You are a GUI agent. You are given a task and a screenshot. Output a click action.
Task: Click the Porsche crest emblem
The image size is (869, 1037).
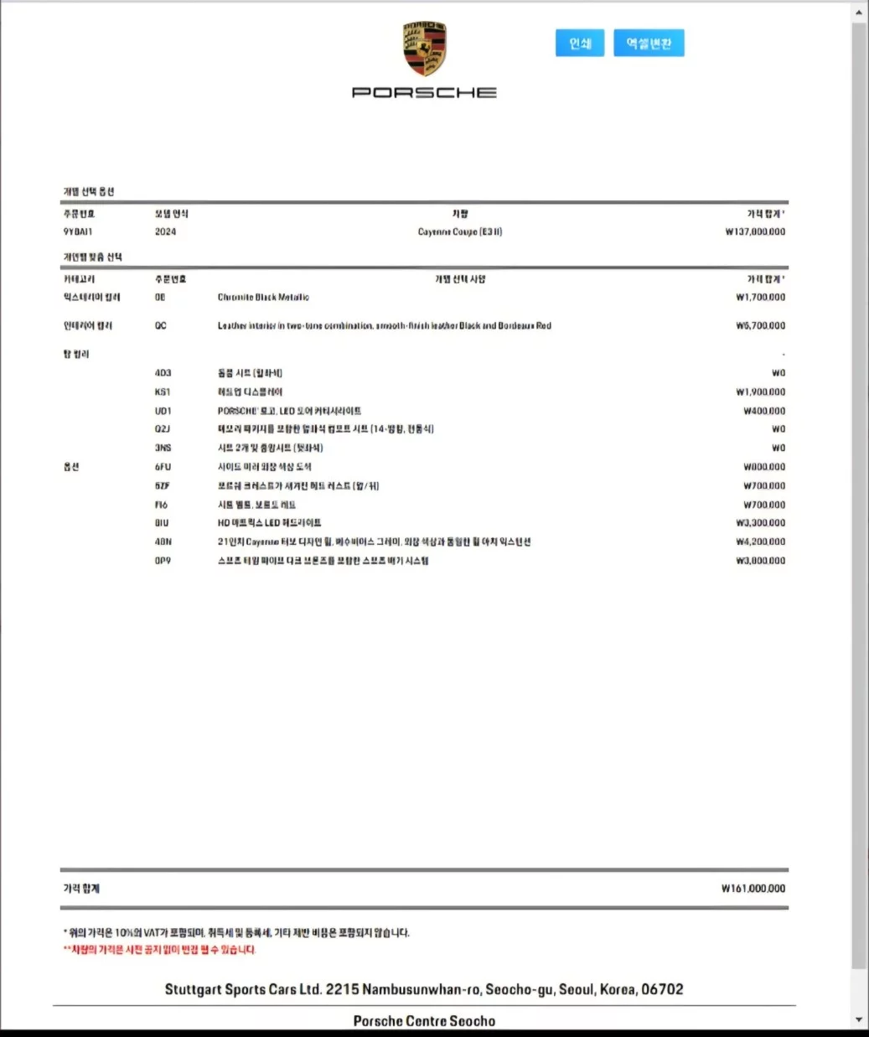pos(424,49)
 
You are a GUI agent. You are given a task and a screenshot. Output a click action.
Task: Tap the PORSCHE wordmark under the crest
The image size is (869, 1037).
pos(424,92)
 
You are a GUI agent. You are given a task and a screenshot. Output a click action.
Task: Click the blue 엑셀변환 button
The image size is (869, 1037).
pos(649,44)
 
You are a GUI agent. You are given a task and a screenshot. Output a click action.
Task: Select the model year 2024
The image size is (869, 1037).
pos(166,231)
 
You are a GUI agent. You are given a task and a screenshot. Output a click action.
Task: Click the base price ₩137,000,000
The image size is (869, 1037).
pos(755,231)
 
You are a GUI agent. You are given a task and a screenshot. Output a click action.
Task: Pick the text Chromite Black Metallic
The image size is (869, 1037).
pos(263,297)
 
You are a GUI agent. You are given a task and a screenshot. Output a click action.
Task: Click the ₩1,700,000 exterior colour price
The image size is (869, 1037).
pos(760,297)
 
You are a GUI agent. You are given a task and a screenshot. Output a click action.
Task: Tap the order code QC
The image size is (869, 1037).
pos(160,325)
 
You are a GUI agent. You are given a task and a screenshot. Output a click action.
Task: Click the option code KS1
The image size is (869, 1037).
pos(162,391)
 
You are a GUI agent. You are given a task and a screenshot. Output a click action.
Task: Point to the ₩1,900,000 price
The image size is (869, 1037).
pos(760,391)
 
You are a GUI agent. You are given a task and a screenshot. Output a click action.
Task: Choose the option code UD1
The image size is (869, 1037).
pos(163,411)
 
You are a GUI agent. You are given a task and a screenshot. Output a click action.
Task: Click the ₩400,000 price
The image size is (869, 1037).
pos(764,411)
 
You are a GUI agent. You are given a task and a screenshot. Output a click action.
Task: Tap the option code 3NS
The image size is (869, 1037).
pos(163,448)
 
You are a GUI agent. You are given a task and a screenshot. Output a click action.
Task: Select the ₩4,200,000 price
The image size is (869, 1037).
pos(760,542)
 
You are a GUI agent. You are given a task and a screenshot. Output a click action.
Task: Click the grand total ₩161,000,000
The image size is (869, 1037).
pos(753,889)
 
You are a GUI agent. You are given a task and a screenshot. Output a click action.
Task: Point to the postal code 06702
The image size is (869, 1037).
pos(662,989)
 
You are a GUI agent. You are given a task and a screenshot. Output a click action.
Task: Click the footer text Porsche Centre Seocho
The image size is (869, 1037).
pos(424,1021)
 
